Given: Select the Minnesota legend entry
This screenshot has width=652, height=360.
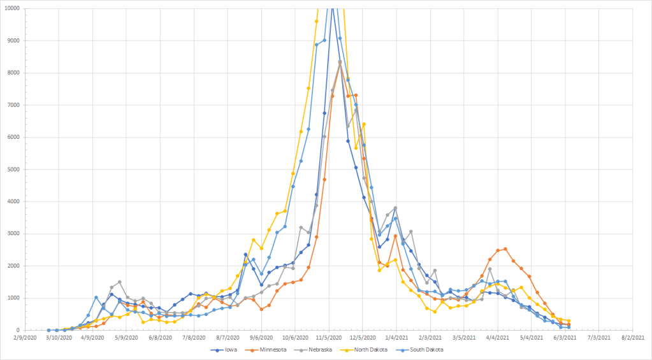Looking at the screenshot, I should click(272, 350).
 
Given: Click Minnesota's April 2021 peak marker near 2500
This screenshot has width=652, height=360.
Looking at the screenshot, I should click(505, 249).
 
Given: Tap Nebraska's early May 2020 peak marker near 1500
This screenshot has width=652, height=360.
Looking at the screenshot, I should click(119, 282).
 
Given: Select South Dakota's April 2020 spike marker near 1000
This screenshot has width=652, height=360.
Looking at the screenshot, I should click(96, 298).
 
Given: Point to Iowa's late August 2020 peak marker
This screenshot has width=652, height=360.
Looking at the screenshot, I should click(245, 254).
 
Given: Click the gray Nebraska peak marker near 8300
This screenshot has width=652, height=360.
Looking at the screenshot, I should click(340, 62).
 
